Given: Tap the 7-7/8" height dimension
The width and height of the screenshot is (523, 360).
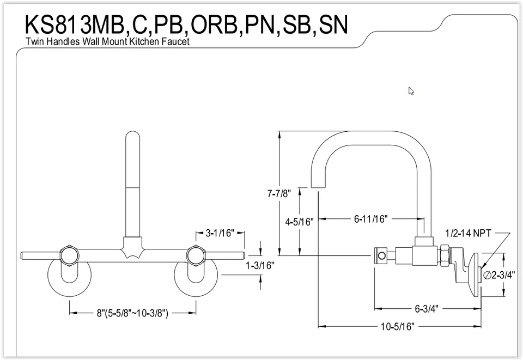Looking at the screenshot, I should (x=279, y=193).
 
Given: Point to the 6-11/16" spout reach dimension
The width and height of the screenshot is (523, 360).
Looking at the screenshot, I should (x=370, y=219).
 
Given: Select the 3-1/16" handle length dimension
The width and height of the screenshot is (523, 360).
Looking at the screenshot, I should (x=220, y=233).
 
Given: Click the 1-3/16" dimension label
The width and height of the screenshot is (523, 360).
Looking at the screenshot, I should (x=260, y=266).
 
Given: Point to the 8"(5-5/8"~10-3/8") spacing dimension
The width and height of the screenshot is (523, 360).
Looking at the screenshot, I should (x=132, y=313).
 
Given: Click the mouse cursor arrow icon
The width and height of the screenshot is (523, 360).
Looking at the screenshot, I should (x=411, y=91).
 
